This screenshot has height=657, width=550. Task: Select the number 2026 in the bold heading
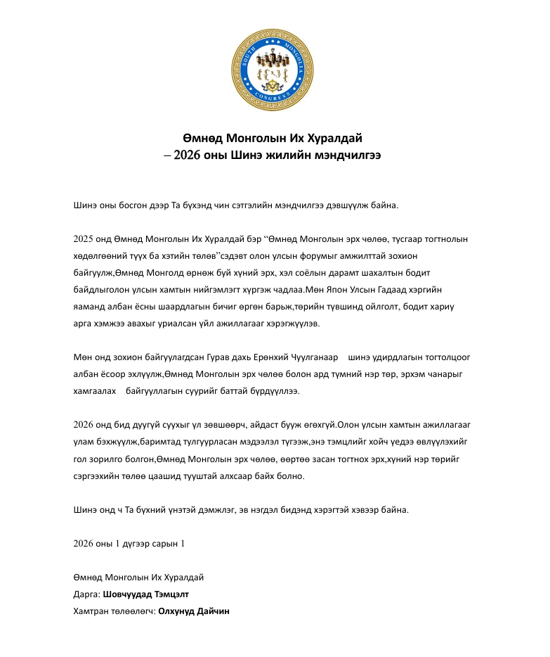pos(188,153)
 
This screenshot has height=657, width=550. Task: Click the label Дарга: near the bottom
pos(86,594)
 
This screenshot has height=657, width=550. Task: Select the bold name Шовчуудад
pos(128,594)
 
